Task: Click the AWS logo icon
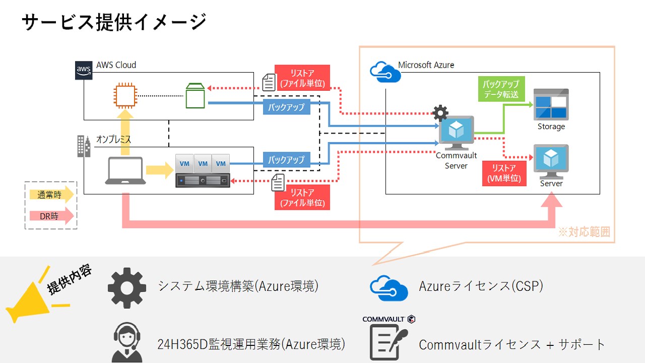(x=84, y=70)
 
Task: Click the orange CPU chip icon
(x=125, y=96)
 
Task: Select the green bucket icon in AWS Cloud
(x=196, y=96)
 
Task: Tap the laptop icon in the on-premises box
(x=125, y=171)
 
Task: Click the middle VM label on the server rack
(x=203, y=163)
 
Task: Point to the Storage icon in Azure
(x=551, y=104)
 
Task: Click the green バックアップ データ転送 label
(x=500, y=89)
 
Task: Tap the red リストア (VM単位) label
(x=504, y=173)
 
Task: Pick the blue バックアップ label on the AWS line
(x=286, y=107)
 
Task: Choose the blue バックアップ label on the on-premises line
(x=286, y=160)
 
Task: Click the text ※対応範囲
(x=584, y=232)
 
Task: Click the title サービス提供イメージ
(x=114, y=23)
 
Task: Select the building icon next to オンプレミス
(x=84, y=146)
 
